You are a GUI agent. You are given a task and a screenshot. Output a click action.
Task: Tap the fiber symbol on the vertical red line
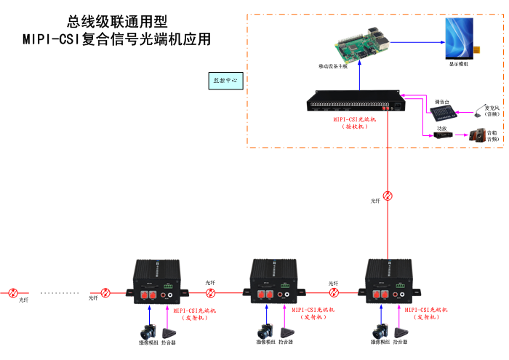[388, 195]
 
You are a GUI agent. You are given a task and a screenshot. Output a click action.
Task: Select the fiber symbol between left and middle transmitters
[211, 293]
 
